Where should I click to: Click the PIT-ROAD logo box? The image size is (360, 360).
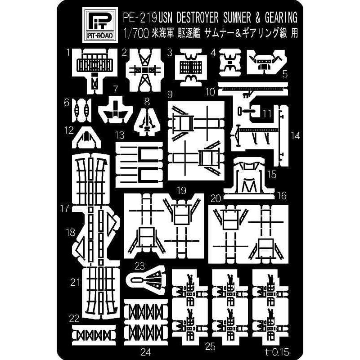100,25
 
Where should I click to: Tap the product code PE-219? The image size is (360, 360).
139,18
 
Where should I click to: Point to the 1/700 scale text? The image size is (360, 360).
136,33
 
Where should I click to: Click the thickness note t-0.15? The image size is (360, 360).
276,351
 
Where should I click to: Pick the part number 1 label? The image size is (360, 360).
68,53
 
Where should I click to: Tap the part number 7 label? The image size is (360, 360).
116,89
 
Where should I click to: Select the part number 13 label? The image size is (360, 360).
120,135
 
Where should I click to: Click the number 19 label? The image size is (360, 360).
182,190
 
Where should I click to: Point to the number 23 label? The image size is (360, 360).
139,266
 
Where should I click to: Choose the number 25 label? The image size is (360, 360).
210,346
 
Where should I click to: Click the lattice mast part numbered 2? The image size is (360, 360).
145,70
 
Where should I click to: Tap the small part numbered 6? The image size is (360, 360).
82,110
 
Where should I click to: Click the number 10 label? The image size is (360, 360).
210,92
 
